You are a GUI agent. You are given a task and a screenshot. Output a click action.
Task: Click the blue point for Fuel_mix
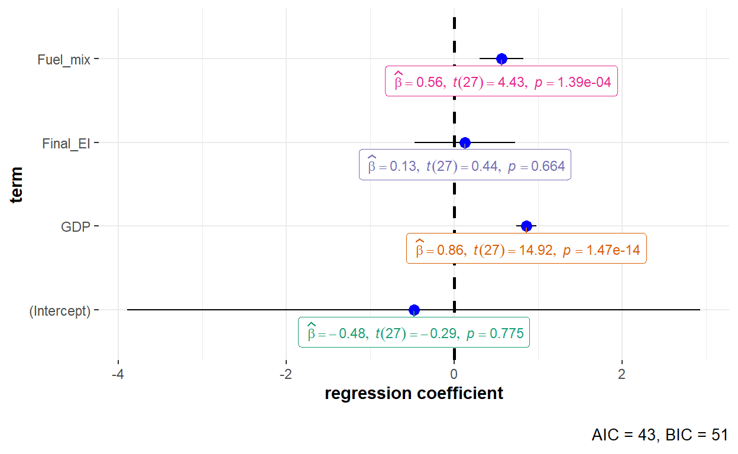click(x=501, y=59)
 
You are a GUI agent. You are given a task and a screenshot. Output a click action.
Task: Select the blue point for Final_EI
click(x=465, y=142)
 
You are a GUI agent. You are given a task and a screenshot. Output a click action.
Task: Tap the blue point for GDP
click(x=526, y=226)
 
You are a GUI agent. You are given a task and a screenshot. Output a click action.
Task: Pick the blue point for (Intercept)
click(x=414, y=310)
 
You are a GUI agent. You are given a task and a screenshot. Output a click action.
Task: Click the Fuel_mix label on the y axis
click(x=63, y=59)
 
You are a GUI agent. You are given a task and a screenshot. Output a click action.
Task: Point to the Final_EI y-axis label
click(x=66, y=143)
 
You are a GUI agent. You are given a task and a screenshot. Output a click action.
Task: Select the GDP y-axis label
click(x=76, y=226)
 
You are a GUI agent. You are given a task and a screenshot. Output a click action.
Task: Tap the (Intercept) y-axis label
click(x=60, y=310)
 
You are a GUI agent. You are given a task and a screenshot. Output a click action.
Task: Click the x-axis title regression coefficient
click(x=414, y=393)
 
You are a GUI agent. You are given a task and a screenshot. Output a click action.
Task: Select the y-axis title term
click(x=17, y=184)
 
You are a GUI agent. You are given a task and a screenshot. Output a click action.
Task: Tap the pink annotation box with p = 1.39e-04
click(x=501, y=82)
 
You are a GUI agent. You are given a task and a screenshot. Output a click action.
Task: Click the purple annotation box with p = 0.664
click(x=465, y=166)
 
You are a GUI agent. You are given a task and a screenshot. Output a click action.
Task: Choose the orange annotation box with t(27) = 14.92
click(x=526, y=249)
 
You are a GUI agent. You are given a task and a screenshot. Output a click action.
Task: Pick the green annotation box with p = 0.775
click(x=414, y=333)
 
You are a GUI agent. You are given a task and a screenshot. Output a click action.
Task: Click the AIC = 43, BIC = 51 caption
click(x=659, y=435)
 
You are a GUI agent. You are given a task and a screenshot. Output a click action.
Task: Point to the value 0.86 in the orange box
click(x=448, y=250)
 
